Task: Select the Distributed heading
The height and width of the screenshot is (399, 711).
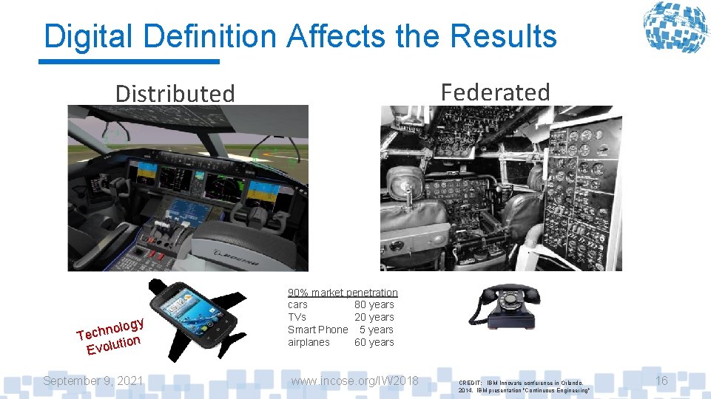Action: coord(175,94)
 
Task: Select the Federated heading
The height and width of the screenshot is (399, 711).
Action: coord(495,92)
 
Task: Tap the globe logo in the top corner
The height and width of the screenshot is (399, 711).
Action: coord(674,27)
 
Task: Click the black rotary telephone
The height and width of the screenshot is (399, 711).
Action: coord(503,304)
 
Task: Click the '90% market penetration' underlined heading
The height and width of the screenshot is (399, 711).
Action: coord(343,293)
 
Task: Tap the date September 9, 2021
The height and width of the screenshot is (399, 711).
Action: coord(93,381)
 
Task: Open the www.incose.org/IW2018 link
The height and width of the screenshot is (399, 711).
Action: coord(354,381)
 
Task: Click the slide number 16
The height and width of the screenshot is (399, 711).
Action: coord(661,381)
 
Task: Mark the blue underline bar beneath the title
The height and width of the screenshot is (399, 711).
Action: coord(129,61)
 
